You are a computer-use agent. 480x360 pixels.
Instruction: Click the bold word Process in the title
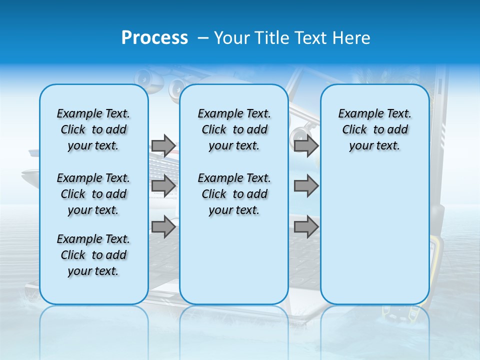(154, 38)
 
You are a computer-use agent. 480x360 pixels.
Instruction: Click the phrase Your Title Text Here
(292, 38)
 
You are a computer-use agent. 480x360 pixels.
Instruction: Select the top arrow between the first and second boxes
(163, 145)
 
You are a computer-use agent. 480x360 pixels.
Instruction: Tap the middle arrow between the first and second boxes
(163, 186)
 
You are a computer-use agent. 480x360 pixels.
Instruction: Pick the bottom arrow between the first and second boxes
(163, 227)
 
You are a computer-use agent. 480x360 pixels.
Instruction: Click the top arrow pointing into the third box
(306, 145)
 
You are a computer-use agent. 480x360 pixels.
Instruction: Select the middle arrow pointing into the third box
(306, 186)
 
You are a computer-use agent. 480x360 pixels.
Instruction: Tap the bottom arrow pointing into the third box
(306, 227)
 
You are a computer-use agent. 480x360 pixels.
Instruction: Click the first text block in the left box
(93, 129)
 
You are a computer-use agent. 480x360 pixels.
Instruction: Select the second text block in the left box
(93, 194)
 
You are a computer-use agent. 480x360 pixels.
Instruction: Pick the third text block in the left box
(93, 255)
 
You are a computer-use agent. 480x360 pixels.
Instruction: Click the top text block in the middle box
(234, 129)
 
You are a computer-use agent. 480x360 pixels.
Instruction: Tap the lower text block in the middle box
(234, 194)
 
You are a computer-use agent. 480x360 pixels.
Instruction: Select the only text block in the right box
(374, 129)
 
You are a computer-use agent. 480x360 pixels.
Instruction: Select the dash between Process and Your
(203, 38)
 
